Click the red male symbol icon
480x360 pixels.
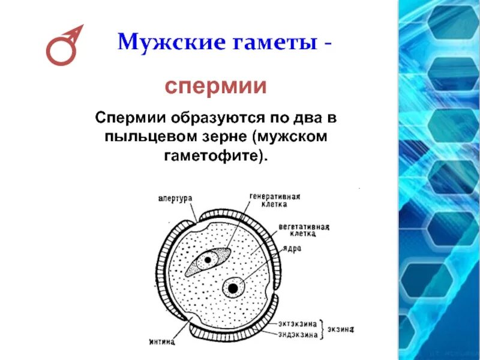click(x=63, y=46)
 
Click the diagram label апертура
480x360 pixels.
click(x=175, y=196)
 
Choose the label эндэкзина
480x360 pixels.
click(x=298, y=334)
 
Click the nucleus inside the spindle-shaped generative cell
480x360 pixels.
click(x=208, y=260)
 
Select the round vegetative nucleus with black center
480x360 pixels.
click(x=233, y=288)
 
